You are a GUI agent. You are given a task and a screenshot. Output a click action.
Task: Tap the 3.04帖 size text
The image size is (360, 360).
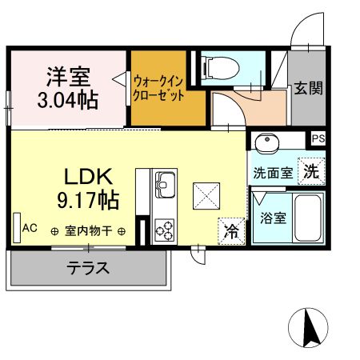[x=66, y=101]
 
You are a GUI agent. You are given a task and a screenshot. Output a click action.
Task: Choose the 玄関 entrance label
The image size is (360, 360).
[x=307, y=88]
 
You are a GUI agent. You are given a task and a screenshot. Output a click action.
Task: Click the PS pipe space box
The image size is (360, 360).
[x=318, y=138]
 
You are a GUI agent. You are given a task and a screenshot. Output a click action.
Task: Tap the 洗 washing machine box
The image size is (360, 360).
[x=310, y=170]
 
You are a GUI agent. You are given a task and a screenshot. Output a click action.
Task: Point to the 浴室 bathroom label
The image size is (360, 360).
[x=273, y=217]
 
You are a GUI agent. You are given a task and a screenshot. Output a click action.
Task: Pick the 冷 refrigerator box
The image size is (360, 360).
[x=231, y=232]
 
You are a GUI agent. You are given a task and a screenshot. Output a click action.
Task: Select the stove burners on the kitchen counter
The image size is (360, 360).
[x=165, y=230]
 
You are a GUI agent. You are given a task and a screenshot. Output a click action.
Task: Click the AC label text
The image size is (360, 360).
[x=30, y=228]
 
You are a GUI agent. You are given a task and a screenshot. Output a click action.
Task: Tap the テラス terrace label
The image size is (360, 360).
[x=88, y=268]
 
